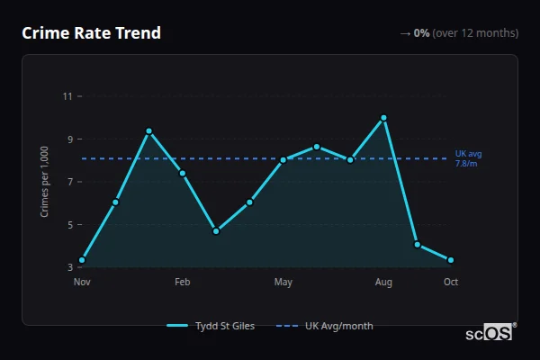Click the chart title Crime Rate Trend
click(x=91, y=33)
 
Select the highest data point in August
click(x=383, y=117)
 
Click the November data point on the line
click(x=82, y=260)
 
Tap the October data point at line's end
click(x=451, y=260)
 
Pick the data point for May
click(x=283, y=160)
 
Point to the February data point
click(x=183, y=173)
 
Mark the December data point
click(x=115, y=202)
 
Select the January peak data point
click(x=148, y=131)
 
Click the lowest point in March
click(x=216, y=231)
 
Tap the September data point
click(x=418, y=245)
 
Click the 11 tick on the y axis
click(x=67, y=96)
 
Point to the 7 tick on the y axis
click(x=68, y=182)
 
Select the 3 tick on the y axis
click(x=68, y=267)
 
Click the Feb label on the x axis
click(x=183, y=283)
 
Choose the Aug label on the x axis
click(x=383, y=283)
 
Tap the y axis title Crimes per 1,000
click(x=45, y=182)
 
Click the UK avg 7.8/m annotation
click(x=468, y=158)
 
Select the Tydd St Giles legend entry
click(x=211, y=326)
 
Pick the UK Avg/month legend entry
click(x=326, y=326)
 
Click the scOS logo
click(x=489, y=332)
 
